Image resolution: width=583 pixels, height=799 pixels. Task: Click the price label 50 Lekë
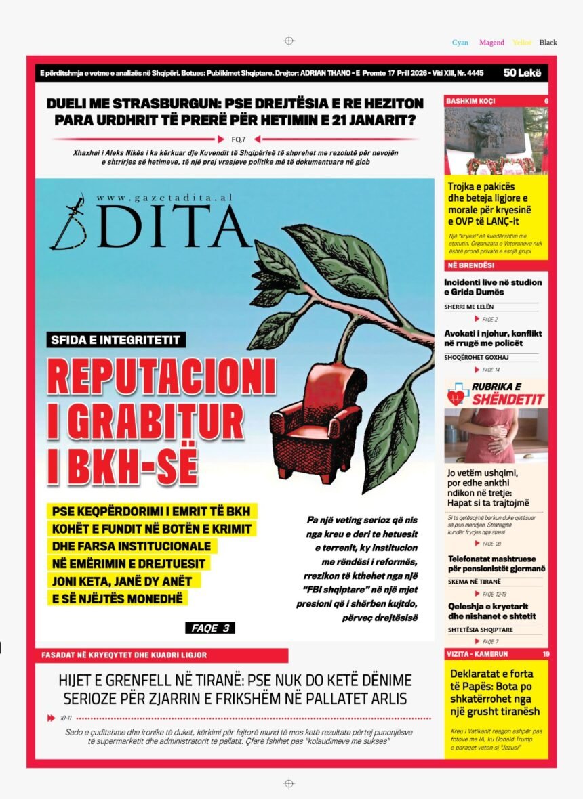pyautogui.click(x=522, y=72)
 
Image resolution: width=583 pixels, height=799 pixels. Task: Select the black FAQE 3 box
pyautogui.click(x=209, y=628)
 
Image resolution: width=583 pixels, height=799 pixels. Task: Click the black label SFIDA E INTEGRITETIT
pyautogui.click(x=116, y=339)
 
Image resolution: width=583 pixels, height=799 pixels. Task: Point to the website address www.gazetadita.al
pyautogui.click(x=164, y=198)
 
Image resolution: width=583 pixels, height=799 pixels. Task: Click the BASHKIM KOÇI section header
pyautogui.click(x=470, y=101)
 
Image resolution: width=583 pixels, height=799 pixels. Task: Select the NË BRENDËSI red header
pyautogui.click(x=460, y=265)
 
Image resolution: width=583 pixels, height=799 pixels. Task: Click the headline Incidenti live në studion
pyautogui.click(x=493, y=282)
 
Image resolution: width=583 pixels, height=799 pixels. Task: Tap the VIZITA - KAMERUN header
pyautogui.click(x=477, y=654)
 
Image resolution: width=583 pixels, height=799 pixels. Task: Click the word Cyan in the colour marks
pyautogui.click(x=460, y=43)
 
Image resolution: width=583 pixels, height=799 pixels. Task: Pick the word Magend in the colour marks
pyautogui.click(x=491, y=43)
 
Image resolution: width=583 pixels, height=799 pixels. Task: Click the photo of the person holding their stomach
pyautogui.click(x=496, y=435)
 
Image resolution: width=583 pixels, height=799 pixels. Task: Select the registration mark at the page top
pyautogui.click(x=289, y=41)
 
